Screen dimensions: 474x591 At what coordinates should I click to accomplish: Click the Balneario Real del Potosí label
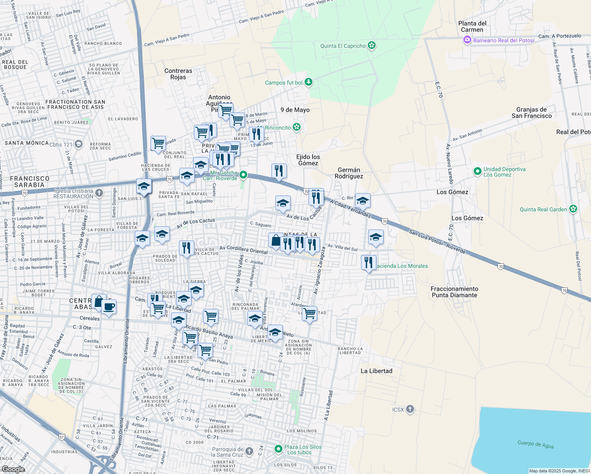point(504,40)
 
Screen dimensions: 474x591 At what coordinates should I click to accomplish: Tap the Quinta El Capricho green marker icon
point(371,45)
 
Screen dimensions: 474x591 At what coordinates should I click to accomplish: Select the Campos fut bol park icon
point(309,82)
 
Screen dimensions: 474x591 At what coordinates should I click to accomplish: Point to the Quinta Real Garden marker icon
point(573,209)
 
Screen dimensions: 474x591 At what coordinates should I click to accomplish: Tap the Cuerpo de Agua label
point(535,444)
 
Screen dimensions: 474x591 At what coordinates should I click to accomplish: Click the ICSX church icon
point(410,409)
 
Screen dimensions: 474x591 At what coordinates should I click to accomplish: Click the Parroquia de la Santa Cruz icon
point(249,451)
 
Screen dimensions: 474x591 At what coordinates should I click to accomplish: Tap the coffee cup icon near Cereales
point(109,307)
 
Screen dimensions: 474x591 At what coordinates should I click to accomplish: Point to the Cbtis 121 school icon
point(79,144)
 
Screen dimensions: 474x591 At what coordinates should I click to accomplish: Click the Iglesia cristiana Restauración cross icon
point(99,193)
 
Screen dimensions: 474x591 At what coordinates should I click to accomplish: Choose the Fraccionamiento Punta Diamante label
point(454,292)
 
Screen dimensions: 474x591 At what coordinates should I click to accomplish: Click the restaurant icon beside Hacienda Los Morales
point(368,262)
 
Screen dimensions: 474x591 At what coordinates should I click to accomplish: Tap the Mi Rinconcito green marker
point(297,127)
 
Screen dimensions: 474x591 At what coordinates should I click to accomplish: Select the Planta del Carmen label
point(472,26)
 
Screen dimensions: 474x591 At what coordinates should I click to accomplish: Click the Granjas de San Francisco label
point(531,113)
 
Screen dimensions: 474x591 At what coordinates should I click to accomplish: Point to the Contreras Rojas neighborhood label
point(178,74)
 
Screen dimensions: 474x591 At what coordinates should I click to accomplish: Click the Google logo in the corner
point(13,469)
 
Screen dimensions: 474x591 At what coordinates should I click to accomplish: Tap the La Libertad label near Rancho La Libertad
point(376,371)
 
